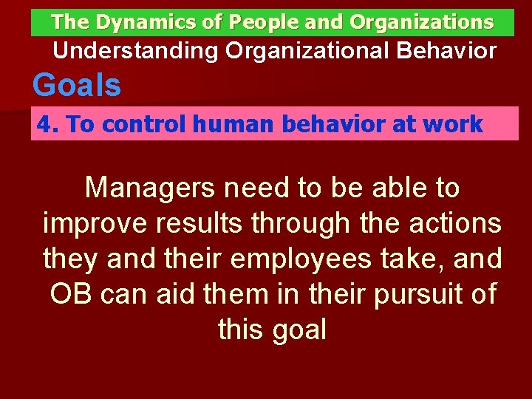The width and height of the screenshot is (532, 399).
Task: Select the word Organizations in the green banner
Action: pyautogui.click(x=421, y=22)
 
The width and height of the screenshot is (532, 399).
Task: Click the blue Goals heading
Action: pyautogui.click(x=77, y=86)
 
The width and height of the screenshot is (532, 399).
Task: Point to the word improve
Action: pyautogui.click(x=92, y=223)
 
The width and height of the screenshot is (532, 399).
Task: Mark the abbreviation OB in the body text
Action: pyautogui.click(x=71, y=294)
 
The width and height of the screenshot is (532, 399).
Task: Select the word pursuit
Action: pyautogui.click(x=406, y=294)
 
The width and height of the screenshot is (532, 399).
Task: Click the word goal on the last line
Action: pyautogui.click(x=299, y=330)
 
